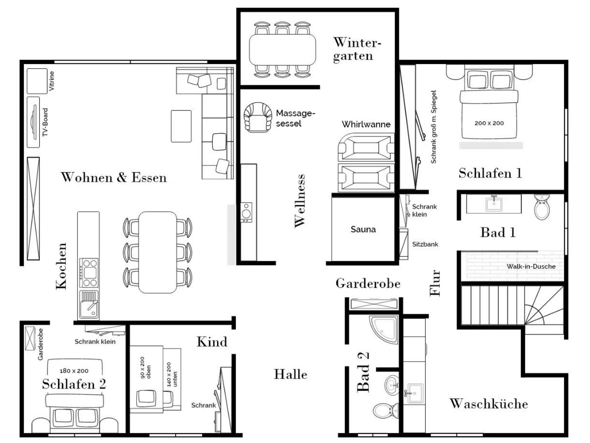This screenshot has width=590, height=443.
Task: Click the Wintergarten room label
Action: pos(357,49)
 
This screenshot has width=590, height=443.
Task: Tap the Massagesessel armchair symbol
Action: pos(258,117)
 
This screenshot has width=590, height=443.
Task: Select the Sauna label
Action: pos(363,229)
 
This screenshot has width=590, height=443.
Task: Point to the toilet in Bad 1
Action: pos(542,207)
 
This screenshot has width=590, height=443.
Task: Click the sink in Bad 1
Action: pos(494,204)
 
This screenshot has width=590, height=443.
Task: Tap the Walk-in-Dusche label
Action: pos(531,266)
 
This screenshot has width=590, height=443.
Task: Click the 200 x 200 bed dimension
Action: pos(489,123)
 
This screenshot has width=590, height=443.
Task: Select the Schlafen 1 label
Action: pos(490,173)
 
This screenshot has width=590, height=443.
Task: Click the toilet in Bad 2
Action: pos(386,410)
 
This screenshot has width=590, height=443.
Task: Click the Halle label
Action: pos(290,374)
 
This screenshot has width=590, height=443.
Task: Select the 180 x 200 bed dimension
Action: pos(74,371)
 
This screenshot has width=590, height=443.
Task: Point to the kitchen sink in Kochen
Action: pos(89,305)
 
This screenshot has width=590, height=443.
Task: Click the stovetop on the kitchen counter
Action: pos(89,272)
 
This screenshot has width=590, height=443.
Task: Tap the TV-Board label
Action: pos(45,122)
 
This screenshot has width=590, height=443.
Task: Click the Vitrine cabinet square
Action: pos(37,81)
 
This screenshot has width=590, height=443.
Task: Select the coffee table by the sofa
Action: pos(181,126)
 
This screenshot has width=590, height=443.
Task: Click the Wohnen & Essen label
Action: pos(114,177)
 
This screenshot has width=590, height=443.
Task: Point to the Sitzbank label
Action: pos(425,244)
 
